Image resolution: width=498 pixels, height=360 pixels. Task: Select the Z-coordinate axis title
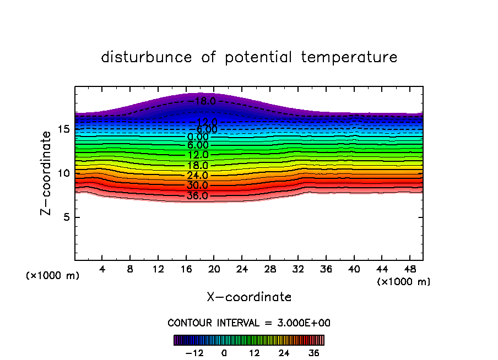tap(48, 173)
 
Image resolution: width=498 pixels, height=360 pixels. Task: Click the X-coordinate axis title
tap(249, 297)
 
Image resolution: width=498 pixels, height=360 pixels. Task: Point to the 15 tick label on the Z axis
tap(63, 129)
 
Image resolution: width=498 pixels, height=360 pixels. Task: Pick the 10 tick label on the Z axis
tap(63, 173)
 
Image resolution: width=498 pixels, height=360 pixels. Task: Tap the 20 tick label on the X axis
tap(214, 270)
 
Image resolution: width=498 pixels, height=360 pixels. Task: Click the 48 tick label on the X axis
tap(409, 270)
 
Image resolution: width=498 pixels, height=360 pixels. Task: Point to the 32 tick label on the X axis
tap(297, 270)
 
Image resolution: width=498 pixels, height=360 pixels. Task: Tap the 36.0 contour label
tap(197, 195)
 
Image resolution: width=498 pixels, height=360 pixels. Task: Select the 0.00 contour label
tap(197, 137)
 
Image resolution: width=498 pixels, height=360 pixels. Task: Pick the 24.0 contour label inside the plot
tap(197, 176)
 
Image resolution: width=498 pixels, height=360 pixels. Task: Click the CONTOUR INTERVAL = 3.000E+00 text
tap(249, 323)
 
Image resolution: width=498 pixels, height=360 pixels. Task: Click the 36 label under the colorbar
tap(313, 353)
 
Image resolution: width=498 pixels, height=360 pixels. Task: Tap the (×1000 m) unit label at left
tap(53, 276)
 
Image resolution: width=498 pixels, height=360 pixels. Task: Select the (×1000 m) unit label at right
tap(404, 282)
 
